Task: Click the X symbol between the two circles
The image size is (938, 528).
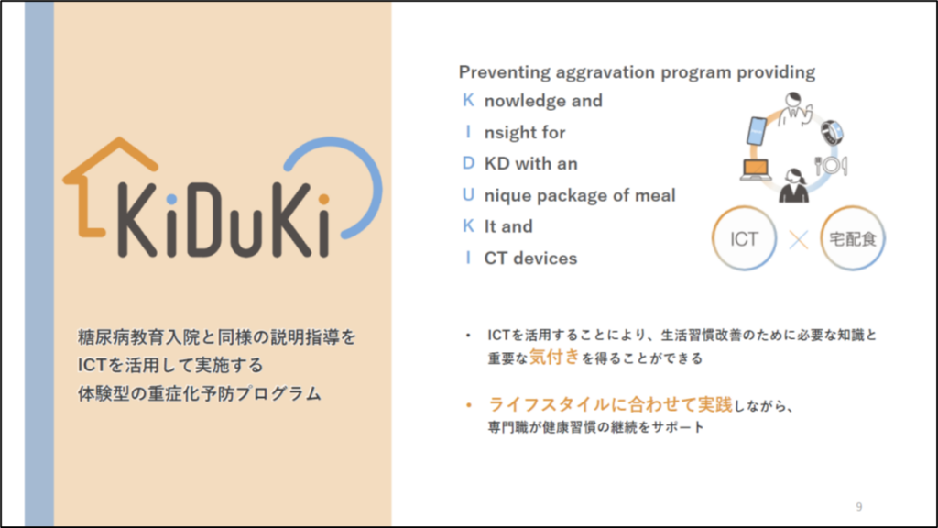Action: point(798,240)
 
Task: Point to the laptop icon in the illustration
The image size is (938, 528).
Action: point(756,170)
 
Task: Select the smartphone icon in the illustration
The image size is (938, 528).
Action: point(757,131)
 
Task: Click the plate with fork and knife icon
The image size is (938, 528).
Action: point(831,165)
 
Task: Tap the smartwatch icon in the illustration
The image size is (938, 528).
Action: point(832,132)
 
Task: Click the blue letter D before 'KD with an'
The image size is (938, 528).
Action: point(468,163)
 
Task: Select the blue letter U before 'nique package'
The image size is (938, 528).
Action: point(468,194)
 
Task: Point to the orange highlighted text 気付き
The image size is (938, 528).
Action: point(554,357)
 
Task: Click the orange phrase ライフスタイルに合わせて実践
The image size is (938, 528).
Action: point(611,404)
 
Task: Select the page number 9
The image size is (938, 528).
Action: point(859,507)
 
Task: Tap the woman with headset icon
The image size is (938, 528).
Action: point(794,185)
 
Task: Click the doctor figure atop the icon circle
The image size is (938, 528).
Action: point(795,108)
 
